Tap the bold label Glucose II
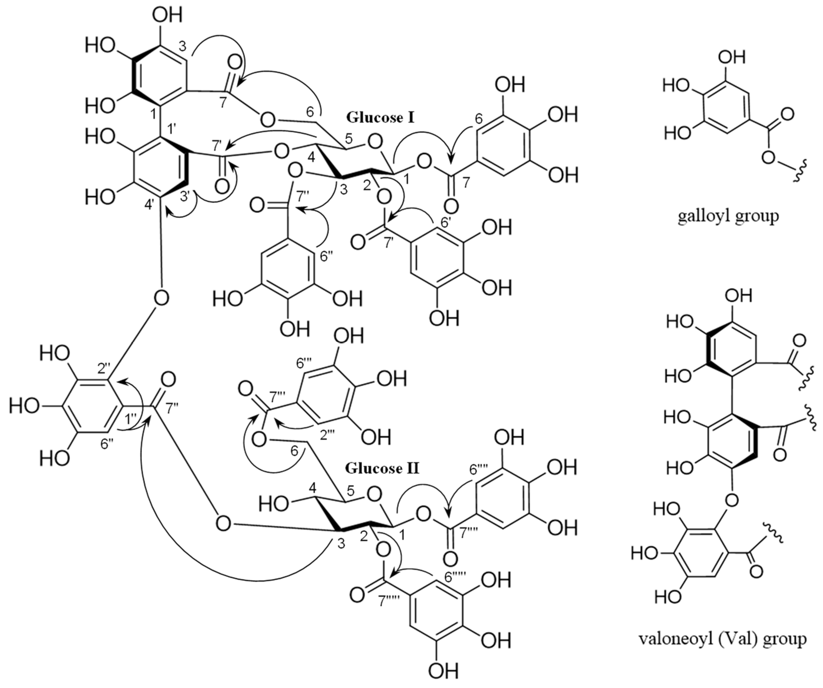[x=382, y=468]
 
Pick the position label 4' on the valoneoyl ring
[x=150, y=205]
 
